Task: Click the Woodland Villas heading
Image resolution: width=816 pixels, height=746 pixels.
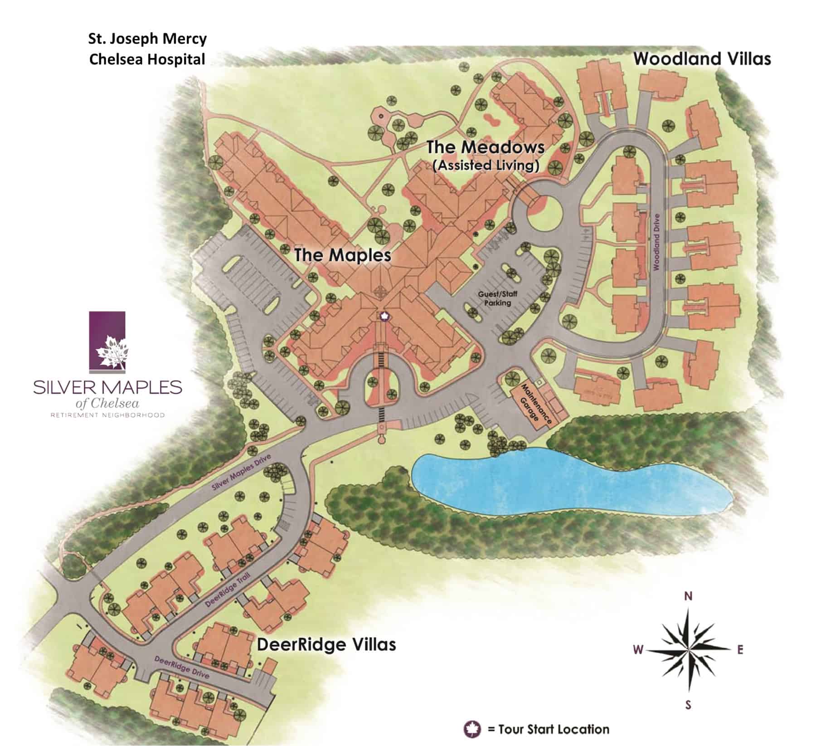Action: (702, 59)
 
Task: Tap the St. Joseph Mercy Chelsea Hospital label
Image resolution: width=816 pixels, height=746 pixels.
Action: (147, 49)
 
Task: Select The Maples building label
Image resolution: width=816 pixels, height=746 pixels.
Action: (342, 255)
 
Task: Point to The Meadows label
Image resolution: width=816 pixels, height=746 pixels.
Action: (485, 147)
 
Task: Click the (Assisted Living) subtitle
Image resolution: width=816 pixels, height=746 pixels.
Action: (486, 166)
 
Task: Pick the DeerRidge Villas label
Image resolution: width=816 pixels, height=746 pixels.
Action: (326, 644)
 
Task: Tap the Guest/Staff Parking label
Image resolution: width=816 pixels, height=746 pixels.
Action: (497, 298)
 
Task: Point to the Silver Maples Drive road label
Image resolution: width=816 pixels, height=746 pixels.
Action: (241, 473)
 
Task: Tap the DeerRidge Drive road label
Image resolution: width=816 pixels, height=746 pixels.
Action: (181, 668)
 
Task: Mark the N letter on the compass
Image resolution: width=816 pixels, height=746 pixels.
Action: (688, 596)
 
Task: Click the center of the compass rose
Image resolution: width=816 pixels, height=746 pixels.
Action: (689, 650)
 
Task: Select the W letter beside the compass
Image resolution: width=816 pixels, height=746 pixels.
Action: (638, 650)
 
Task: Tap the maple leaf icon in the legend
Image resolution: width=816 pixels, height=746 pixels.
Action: (471, 729)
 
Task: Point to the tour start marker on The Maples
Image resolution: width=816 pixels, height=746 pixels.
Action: (384, 316)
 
